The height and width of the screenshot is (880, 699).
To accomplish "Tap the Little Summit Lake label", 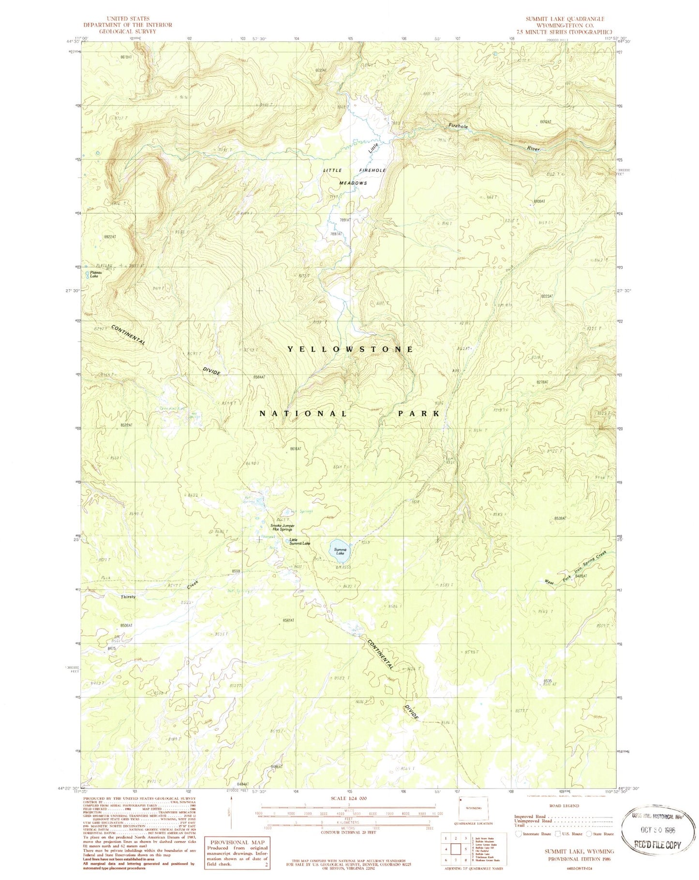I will (x=300, y=542).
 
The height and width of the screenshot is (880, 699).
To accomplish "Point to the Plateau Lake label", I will (x=94, y=275).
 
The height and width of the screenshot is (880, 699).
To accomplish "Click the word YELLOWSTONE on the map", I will (x=351, y=349).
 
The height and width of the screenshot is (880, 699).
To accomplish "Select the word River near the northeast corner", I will (x=534, y=149).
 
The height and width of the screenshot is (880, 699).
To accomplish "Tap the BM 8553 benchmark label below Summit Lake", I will (x=342, y=567).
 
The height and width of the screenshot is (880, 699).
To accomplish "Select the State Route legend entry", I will (x=600, y=834).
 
